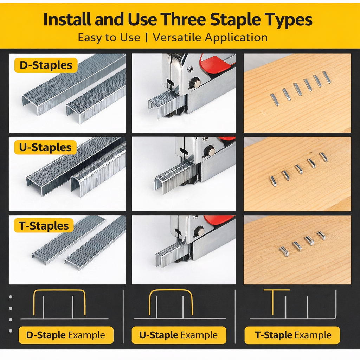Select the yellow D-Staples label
[46, 65]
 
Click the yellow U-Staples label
[45, 148]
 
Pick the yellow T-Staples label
[44, 226]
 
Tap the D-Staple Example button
[66, 335]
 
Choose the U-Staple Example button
[179, 335]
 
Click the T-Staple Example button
[292, 335]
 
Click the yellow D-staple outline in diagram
[59, 291]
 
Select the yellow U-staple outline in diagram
[171, 291]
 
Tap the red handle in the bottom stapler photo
[219, 220]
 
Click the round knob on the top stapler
[195, 83]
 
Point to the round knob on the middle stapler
[210, 151]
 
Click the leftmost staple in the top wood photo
[274, 99]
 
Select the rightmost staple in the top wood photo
[327, 77]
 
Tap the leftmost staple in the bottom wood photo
[284, 251]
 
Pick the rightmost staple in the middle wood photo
[323, 157]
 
